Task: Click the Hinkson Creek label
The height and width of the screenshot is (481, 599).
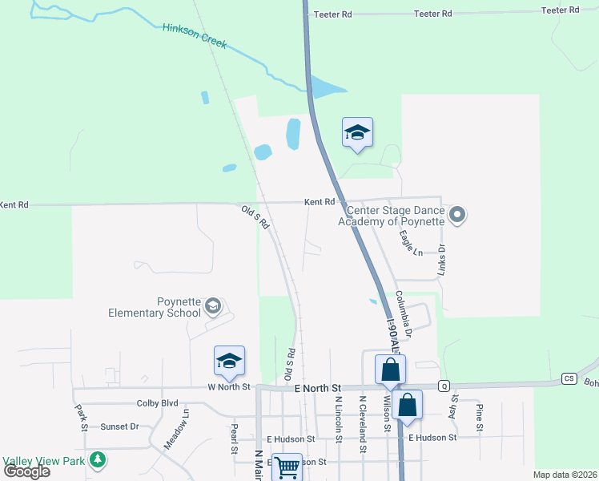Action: click(x=195, y=38)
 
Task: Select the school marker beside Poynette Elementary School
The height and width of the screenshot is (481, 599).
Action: click(x=213, y=306)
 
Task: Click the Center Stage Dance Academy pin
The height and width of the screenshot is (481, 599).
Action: click(x=457, y=214)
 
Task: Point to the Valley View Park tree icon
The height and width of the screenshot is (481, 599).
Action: click(x=98, y=459)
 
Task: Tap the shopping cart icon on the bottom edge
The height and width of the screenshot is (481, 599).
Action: click(x=287, y=466)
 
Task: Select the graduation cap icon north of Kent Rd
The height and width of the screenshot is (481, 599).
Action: click(x=357, y=132)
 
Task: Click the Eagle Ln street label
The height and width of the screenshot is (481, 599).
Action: click(x=410, y=244)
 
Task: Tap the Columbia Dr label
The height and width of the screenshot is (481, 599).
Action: click(x=403, y=313)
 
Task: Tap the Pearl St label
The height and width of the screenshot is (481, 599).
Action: click(x=235, y=439)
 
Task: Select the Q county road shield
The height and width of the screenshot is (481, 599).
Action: click(x=443, y=386)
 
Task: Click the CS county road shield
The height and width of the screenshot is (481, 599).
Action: click(x=569, y=378)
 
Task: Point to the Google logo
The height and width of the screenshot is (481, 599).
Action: click(x=26, y=471)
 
